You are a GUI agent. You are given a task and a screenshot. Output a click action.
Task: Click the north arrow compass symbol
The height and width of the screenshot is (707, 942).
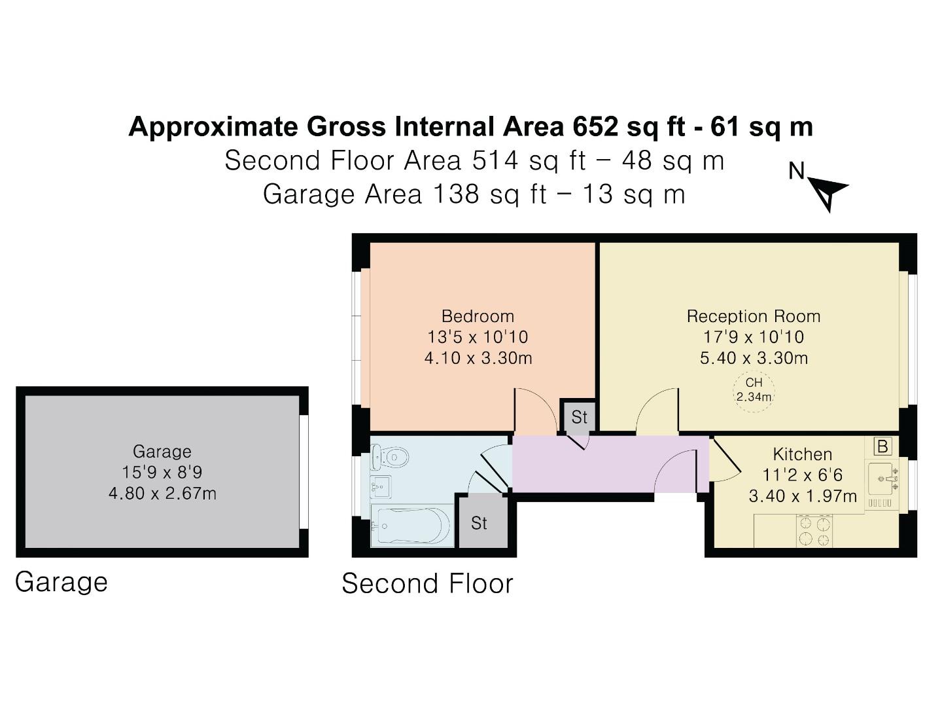click(x=828, y=192)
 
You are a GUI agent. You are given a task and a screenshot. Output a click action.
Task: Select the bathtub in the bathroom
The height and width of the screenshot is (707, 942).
click(x=411, y=525)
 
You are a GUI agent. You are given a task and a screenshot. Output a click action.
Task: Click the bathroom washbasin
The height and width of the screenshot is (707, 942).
click(x=380, y=486)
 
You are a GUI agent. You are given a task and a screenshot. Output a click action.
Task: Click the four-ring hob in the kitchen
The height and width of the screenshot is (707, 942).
click(x=814, y=531)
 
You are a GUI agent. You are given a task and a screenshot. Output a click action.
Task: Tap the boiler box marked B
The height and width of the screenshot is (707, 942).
click(x=882, y=446)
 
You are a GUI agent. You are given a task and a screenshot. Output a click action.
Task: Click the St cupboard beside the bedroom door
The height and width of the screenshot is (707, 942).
click(x=579, y=416)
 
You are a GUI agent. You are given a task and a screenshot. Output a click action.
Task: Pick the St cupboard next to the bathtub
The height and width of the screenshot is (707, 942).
click(x=480, y=522)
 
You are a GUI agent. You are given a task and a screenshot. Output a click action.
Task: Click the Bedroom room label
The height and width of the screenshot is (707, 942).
click(x=478, y=316)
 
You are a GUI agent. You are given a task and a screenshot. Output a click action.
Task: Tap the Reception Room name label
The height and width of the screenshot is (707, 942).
click(x=753, y=316)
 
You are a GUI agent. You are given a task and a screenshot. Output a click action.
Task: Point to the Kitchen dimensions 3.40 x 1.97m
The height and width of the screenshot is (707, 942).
click(x=802, y=496)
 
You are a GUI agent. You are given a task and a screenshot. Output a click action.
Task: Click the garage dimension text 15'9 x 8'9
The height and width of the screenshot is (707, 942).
click(x=162, y=472)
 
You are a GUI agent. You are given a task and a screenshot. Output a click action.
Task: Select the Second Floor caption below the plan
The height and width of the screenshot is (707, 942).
click(x=427, y=583)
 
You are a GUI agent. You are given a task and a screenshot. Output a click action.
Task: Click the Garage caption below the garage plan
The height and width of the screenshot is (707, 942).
click(x=61, y=582)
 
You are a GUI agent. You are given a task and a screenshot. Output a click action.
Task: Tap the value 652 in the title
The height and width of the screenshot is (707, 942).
click(x=595, y=126)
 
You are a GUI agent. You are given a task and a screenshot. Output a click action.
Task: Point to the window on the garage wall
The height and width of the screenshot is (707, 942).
click(x=304, y=471)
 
